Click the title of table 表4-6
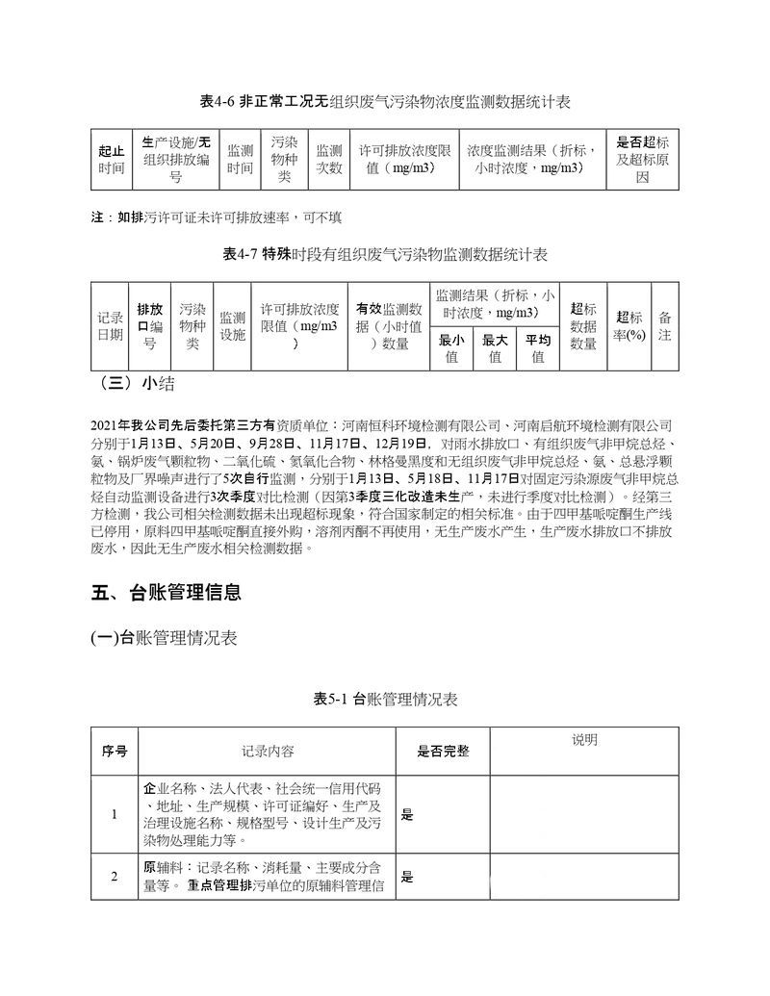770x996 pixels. click(x=385, y=101)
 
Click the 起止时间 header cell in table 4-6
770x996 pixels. click(x=111, y=159)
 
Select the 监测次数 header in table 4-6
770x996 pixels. click(x=329, y=159)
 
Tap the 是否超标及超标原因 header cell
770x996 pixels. click(x=642, y=159)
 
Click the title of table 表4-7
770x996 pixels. click(x=385, y=255)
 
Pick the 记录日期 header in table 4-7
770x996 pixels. click(x=110, y=326)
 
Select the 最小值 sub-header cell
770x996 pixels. click(x=451, y=348)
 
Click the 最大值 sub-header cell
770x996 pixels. click(x=495, y=348)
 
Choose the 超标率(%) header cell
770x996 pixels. click(x=629, y=326)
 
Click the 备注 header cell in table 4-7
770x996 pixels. click(x=665, y=326)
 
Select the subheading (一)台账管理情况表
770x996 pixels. click(x=164, y=638)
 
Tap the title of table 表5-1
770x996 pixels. click(x=385, y=700)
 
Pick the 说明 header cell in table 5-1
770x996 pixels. click(x=584, y=740)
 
